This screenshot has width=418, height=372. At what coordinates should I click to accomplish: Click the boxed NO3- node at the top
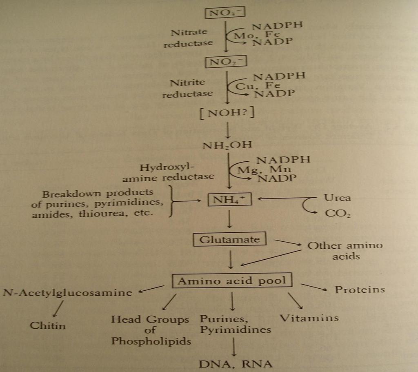225,13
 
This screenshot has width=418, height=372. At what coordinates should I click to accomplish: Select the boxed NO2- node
226,62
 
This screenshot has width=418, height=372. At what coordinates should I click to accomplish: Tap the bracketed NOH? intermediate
227,113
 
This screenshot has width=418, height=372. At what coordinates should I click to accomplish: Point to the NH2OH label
227,145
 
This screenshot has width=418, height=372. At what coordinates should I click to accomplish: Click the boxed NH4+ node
229,199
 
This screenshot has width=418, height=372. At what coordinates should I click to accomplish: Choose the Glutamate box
229,239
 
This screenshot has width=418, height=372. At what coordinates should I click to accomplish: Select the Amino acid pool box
232,281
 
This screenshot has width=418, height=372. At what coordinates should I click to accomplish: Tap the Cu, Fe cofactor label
258,86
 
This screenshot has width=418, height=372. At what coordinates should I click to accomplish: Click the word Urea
337,198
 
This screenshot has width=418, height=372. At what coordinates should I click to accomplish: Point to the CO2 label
338,213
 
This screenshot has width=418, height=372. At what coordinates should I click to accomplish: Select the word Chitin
48,325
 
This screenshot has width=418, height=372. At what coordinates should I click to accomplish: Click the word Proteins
360,290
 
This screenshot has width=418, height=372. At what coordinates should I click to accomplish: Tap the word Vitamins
309,318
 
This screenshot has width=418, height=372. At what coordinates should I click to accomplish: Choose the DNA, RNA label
236,364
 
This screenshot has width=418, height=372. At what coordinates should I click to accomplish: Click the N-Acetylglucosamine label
68,293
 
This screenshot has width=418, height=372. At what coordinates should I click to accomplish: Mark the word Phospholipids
151,341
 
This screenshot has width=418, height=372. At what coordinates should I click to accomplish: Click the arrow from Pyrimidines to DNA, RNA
234,347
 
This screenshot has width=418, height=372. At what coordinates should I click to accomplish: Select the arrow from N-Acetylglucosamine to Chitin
58,309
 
